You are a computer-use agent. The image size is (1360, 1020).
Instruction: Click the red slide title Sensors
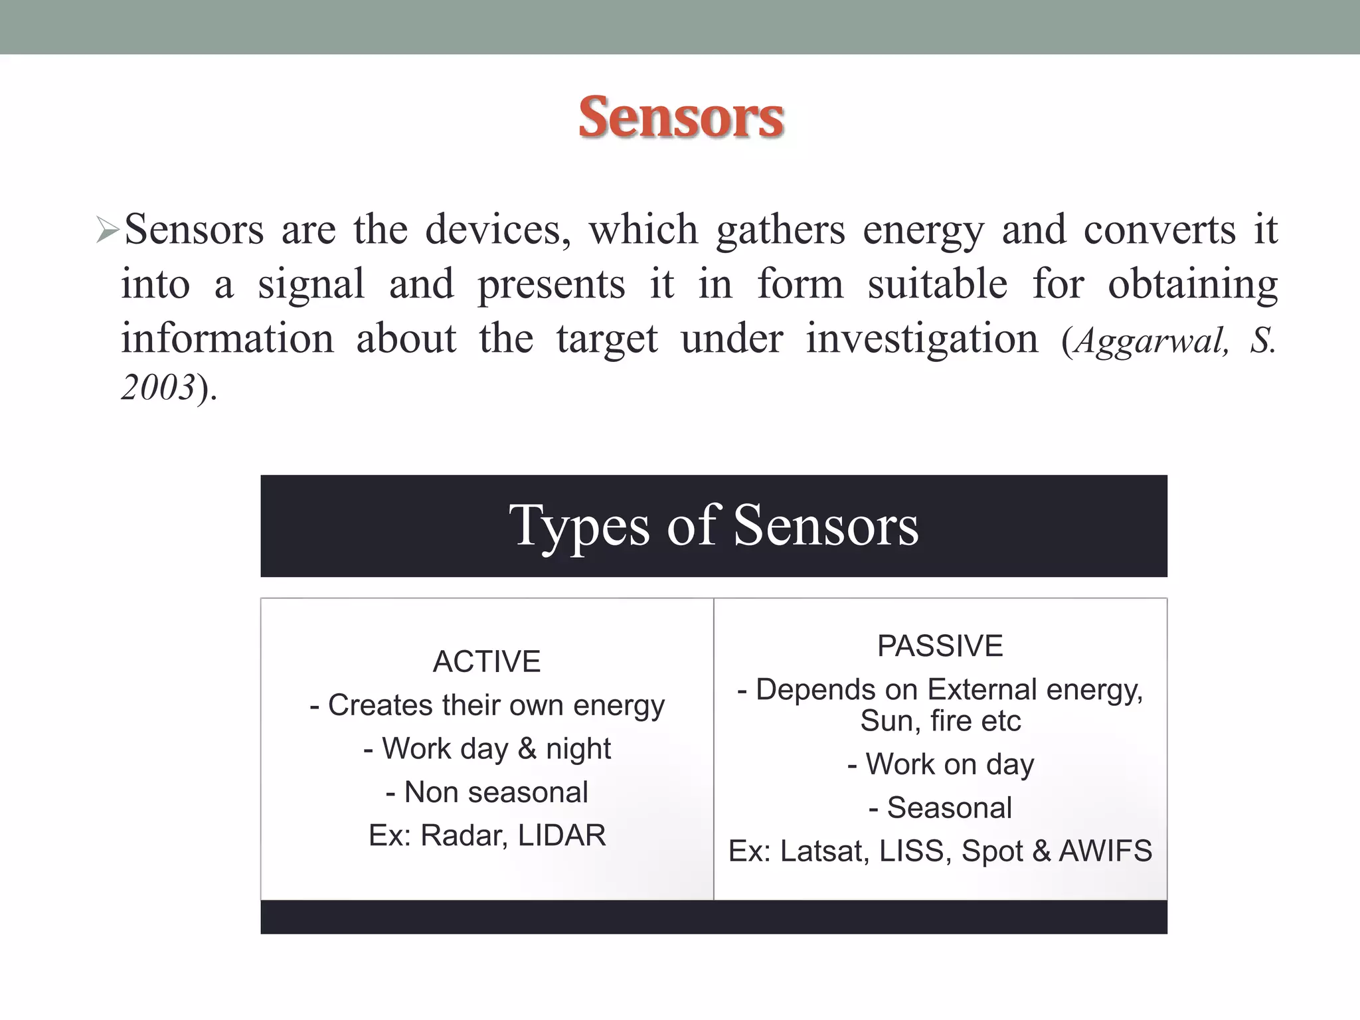[681, 118]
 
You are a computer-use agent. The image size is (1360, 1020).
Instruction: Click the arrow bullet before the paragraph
[106, 230]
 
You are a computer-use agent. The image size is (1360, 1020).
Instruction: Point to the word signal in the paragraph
[311, 285]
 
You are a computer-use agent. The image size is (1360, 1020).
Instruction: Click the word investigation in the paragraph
[922, 339]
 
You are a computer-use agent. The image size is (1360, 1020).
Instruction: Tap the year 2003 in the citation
[158, 387]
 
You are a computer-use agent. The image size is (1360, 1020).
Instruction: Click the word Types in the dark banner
[578, 527]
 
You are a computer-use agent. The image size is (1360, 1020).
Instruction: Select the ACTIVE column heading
[487, 661]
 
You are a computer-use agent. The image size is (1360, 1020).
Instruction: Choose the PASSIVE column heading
[940, 646]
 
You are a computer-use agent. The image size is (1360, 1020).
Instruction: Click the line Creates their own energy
[487, 705]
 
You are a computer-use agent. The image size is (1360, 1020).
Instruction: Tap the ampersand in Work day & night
[527, 749]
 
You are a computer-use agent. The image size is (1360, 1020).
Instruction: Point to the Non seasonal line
[487, 792]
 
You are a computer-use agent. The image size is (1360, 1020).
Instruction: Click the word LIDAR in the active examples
[562, 835]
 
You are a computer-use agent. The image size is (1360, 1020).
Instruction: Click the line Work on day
[940, 764]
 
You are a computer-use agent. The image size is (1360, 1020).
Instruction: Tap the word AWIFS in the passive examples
[1105, 851]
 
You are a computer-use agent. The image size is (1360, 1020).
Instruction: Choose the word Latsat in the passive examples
[824, 851]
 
